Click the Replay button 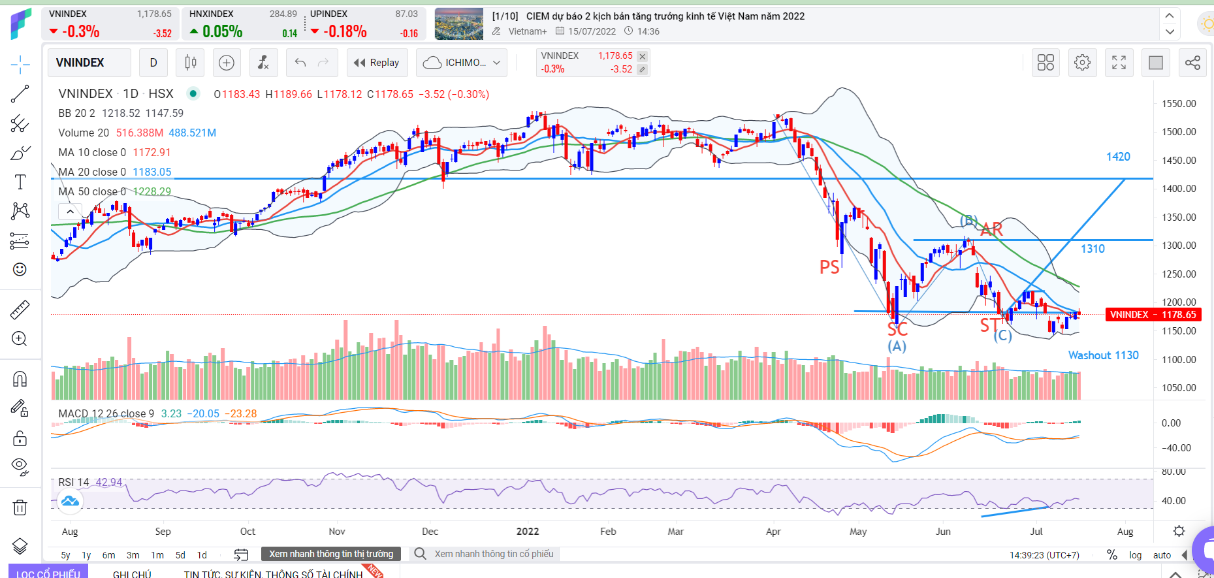tap(377, 63)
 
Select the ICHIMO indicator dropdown tap(462, 63)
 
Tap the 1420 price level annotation tap(1118, 157)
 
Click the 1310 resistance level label tap(1093, 249)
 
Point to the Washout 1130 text tap(1103, 355)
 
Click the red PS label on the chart tap(829, 267)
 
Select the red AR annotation tap(991, 229)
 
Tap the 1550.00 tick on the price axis tap(1179, 104)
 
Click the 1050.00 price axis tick tap(1179, 388)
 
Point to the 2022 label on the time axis tap(528, 532)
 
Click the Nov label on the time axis tap(337, 532)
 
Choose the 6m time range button tap(108, 555)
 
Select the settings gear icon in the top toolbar tap(1082, 63)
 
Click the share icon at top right tap(1192, 63)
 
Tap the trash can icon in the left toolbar tap(20, 507)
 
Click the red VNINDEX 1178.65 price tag tap(1153, 315)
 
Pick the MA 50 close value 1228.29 tap(152, 191)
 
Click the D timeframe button tap(153, 63)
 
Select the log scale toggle tap(1135, 555)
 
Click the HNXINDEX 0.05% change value tap(222, 31)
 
